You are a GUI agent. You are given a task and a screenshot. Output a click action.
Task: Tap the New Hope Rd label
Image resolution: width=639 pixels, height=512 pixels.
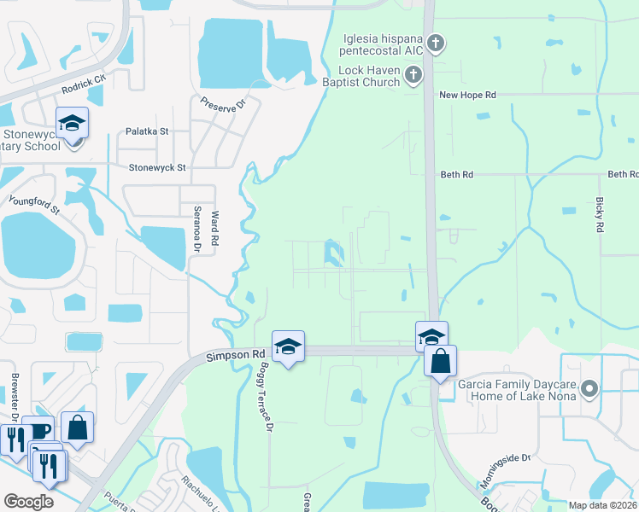[467, 96]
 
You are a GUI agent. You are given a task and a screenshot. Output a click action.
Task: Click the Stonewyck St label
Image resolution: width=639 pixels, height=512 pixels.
[157, 168]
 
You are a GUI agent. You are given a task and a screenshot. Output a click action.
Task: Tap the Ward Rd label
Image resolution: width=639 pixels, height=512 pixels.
[215, 228]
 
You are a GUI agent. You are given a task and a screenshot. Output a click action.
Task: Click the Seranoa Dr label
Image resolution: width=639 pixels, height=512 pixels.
[196, 231]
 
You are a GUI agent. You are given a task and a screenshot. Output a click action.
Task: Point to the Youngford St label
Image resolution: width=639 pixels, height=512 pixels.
[34, 205]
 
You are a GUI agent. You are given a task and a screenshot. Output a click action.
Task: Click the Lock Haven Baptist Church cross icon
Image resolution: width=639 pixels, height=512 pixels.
[413, 75]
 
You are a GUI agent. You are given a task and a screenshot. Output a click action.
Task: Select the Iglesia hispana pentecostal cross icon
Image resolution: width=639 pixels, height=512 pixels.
[436, 43]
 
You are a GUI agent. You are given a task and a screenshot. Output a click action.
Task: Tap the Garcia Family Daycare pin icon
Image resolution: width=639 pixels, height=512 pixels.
[589, 390]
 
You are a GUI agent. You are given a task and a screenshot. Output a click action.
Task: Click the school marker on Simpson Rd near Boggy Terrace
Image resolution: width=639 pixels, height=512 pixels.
[288, 346]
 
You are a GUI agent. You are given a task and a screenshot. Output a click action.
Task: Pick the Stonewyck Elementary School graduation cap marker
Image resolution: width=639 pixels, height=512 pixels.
[72, 123]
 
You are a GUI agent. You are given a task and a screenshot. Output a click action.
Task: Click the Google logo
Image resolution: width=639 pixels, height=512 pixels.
[28, 502]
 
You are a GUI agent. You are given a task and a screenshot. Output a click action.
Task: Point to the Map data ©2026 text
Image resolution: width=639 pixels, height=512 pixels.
[601, 505]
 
